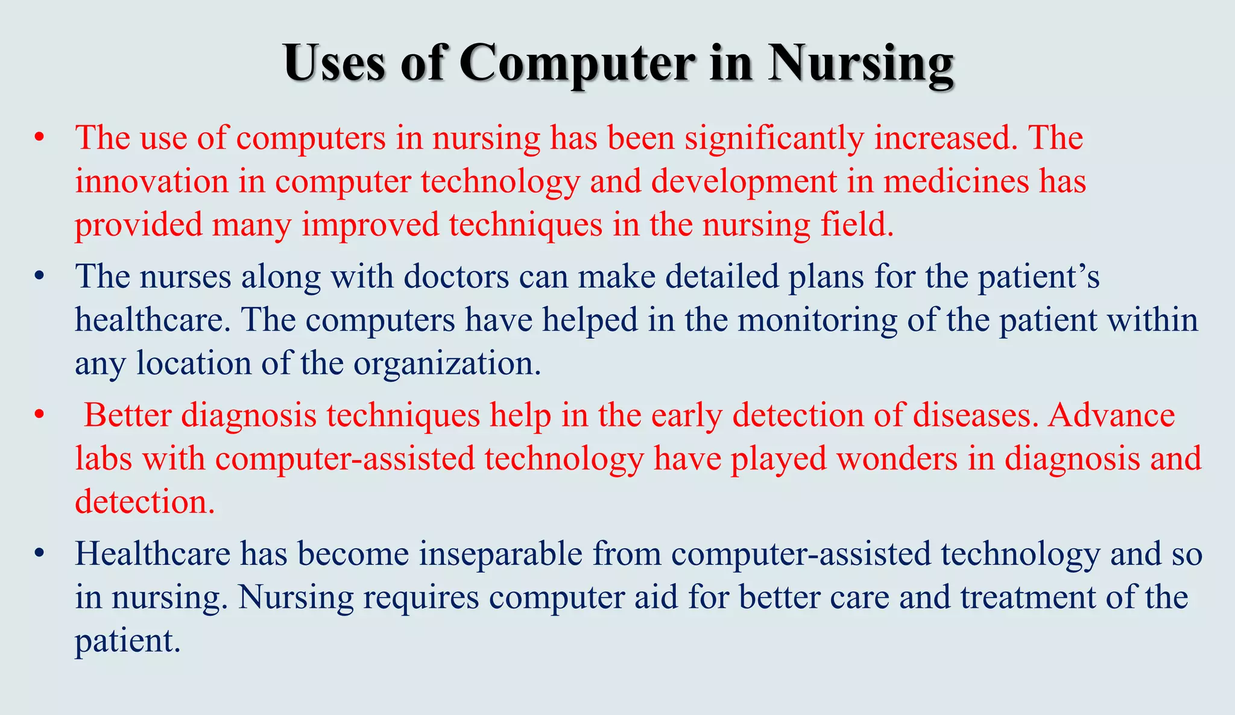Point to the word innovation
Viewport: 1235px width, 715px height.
click(x=151, y=181)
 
